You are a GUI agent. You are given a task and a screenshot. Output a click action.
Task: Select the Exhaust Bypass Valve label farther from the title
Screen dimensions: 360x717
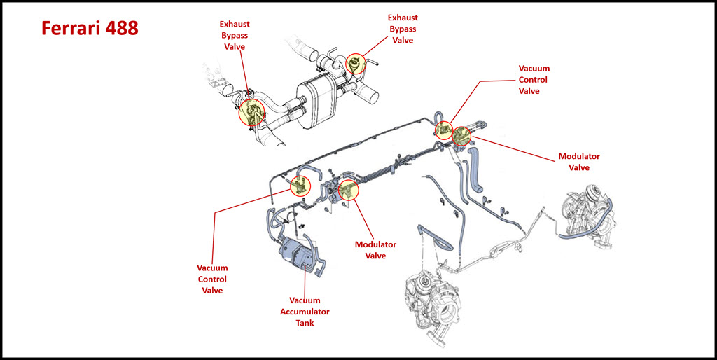click(x=403, y=29)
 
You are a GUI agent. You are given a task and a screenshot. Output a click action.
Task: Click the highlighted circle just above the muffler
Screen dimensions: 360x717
click(x=356, y=64)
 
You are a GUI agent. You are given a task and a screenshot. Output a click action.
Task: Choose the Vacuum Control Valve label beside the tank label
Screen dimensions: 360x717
click(x=212, y=279)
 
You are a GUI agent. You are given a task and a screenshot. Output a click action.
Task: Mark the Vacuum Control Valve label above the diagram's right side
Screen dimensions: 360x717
click(x=534, y=80)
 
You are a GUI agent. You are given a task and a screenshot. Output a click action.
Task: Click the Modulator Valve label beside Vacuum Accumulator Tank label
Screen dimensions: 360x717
click(x=375, y=250)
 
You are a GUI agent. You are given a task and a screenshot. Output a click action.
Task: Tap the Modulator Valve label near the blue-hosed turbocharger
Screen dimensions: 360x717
click(x=579, y=162)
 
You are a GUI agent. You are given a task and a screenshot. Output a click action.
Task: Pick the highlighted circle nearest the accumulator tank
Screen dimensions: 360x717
click(x=300, y=186)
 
